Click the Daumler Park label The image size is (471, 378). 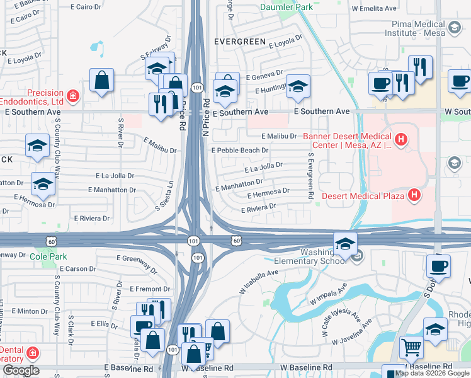coord(286,8)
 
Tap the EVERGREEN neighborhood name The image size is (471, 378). coord(239,41)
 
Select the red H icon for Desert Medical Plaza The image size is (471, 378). coord(414,195)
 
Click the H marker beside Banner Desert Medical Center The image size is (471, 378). coord(400,139)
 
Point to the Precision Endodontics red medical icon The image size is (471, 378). coord(73,96)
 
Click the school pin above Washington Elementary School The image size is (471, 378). coord(344,244)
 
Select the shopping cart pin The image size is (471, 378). coord(411,346)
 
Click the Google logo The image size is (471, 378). coord(20,370)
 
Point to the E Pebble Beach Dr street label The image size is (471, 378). coord(240,151)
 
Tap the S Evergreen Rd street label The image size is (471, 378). coord(310,176)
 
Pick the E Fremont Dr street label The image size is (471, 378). coord(149,289)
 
